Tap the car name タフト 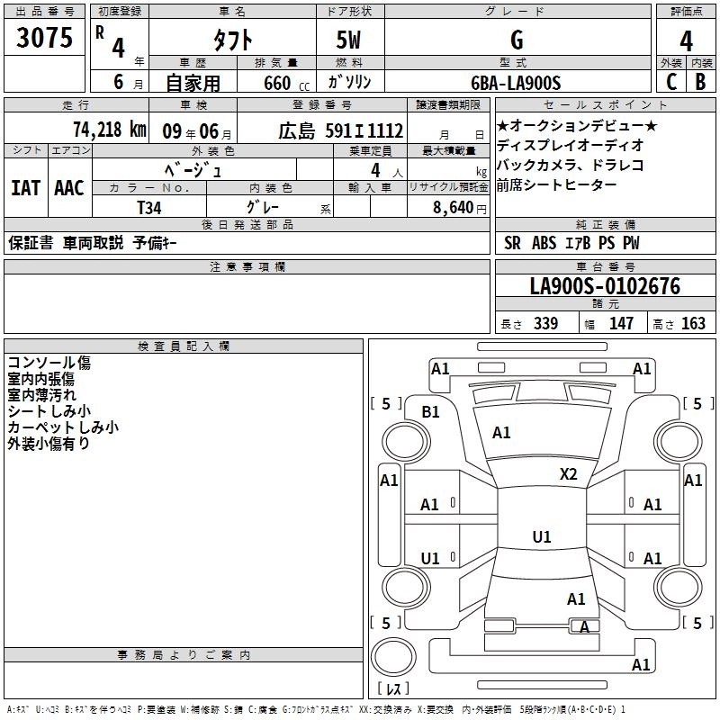232,41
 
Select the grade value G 517,40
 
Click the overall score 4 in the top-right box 687,41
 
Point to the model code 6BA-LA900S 516,83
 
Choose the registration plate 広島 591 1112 340,130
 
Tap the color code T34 149,207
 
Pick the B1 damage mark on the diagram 431,411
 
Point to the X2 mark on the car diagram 568,474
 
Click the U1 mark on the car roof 541,537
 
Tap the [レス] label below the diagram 393,689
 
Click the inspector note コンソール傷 49,363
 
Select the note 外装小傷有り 49,444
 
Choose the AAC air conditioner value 69,188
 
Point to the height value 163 692,324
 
